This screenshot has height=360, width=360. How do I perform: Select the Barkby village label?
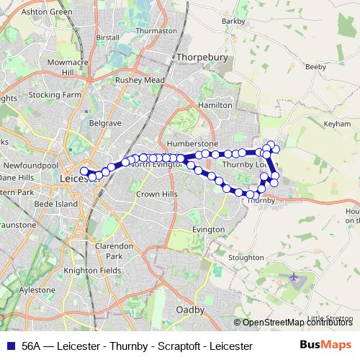(233, 22)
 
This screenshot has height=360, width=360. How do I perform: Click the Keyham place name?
(336, 124)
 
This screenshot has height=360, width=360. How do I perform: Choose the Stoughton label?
(246, 257)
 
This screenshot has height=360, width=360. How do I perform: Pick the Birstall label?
(107, 37)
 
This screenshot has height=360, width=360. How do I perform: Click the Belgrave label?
(104, 123)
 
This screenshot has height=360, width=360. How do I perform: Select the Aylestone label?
(37, 289)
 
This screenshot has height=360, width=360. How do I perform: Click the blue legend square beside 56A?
(11, 346)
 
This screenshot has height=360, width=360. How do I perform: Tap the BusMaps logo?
(326, 345)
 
